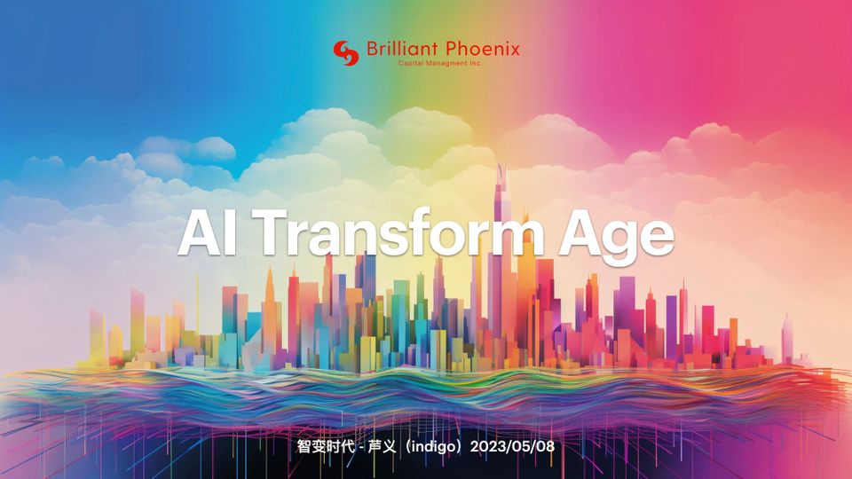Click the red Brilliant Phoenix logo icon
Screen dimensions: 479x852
(x=345, y=51)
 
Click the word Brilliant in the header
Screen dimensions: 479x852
(x=402, y=49)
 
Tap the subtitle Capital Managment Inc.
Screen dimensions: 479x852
(x=440, y=64)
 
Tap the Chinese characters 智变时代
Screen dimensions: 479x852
(x=323, y=445)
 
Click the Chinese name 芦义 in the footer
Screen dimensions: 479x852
(x=376, y=445)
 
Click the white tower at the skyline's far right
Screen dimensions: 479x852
(x=786, y=337)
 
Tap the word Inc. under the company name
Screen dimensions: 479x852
(x=476, y=64)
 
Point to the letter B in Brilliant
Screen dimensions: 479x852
(x=372, y=49)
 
